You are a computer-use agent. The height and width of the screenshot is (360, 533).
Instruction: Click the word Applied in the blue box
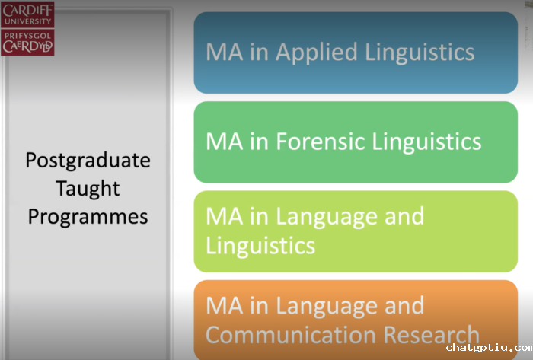[x=317, y=53]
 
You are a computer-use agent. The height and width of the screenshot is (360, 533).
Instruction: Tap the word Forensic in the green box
[x=321, y=142]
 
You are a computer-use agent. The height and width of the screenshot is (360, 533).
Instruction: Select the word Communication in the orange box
[x=291, y=335]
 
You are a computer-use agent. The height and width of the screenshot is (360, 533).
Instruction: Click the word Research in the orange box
[x=432, y=335]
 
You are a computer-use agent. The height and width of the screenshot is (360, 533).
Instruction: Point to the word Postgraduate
[x=88, y=161]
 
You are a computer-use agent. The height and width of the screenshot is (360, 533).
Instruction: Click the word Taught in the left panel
[x=88, y=189]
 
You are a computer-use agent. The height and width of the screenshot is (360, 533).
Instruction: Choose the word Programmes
[x=88, y=217]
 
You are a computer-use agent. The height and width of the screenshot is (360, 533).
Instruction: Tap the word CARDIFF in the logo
[x=27, y=10]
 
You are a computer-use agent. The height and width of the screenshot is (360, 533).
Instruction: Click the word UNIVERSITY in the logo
[x=27, y=21]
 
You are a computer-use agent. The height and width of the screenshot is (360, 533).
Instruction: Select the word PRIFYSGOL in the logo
[x=27, y=36]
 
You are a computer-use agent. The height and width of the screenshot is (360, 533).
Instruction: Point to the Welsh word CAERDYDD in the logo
[x=27, y=46]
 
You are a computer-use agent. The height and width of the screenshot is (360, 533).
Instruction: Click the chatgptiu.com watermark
[x=490, y=348]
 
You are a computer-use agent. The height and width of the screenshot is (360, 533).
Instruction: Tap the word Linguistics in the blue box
[x=420, y=53]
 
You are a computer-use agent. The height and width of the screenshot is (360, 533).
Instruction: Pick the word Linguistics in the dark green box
[x=426, y=142]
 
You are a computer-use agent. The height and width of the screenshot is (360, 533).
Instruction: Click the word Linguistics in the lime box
[x=260, y=246]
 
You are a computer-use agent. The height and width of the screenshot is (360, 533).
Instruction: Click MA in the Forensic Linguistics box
[x=225, y=142]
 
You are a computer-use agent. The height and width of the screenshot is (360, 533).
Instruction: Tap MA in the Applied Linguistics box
[x=225, y=53]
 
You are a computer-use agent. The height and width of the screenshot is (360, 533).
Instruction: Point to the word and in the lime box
[x=404, y=216]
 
